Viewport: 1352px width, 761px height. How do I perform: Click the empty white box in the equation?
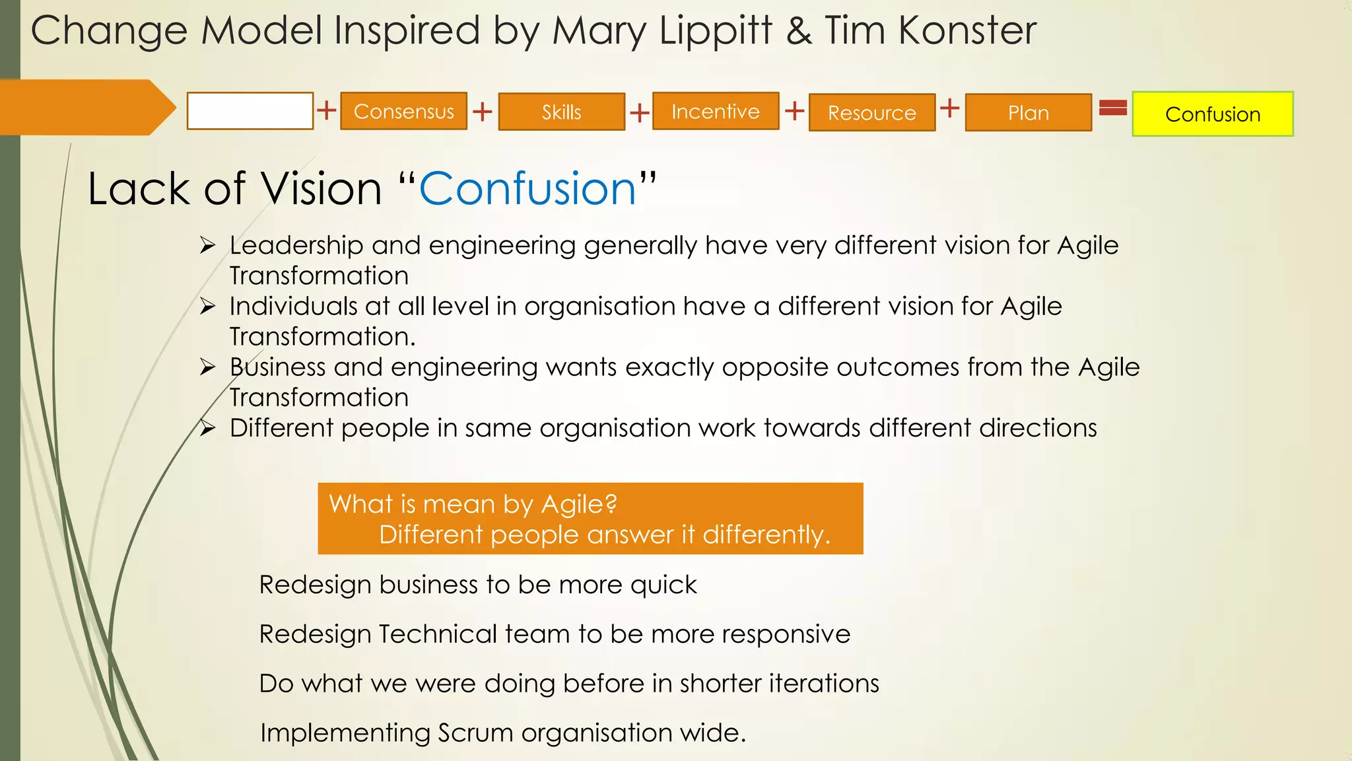(x=250, y=111)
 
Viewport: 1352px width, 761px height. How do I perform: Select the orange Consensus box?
(x=403, y=111)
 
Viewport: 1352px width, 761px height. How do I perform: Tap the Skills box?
(x=561, y=112)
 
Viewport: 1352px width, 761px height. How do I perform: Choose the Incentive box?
(x=716, y=111)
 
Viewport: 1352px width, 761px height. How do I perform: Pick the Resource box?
(x=871, y=112)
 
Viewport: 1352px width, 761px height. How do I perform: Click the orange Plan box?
(x=1028, y=112)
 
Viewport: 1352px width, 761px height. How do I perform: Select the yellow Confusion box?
(x=1213, y=114)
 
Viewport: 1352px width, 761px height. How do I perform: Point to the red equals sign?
(x=1113, y=107)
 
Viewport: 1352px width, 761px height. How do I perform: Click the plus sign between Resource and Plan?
(x=949, y=108)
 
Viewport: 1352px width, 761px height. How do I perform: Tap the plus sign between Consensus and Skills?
(x=483, y=111)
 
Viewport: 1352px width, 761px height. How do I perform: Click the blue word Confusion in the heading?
(x=527, y=189)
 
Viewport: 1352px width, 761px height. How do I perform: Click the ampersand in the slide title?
(x=799, y=31)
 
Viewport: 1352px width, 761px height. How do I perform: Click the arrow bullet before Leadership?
(x=208, y=246)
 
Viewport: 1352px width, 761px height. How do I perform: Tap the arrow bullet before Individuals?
(x=208, y=307)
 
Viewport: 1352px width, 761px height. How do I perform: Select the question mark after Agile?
(x=611, y=504)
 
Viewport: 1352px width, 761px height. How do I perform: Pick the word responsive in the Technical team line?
(x=786, y=634)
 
